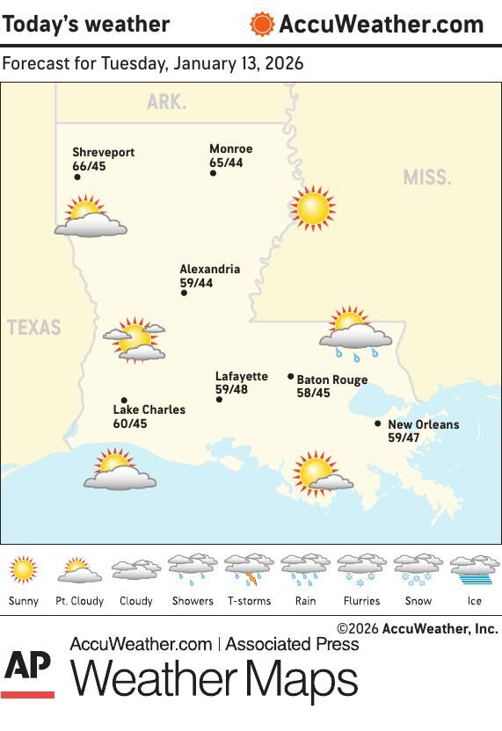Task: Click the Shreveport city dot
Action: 77,177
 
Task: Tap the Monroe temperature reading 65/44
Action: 226,163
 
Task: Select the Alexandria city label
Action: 209,270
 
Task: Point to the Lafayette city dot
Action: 219,400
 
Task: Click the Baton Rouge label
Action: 331,380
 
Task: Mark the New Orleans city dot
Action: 378,423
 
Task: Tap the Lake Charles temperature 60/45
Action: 130,423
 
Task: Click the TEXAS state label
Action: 34,328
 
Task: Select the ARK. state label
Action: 166,102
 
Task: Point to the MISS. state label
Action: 427,177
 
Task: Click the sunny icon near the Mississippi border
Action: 312,209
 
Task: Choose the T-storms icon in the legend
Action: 249,570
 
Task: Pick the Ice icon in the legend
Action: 475,570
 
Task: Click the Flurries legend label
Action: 362,601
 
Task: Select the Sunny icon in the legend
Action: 24,570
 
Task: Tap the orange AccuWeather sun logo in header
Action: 261,24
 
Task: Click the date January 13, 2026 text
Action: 238,64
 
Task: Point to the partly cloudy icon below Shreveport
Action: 90,219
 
